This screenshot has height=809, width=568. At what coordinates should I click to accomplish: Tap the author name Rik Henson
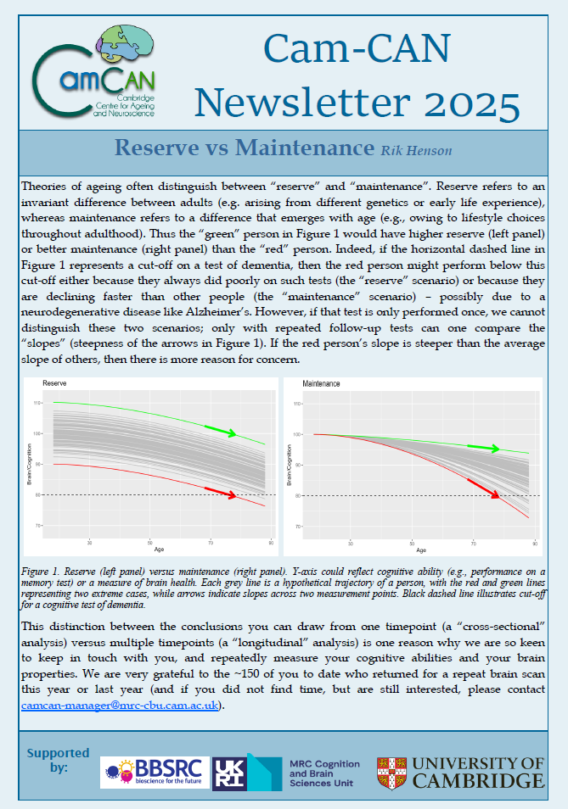tap(416, 151)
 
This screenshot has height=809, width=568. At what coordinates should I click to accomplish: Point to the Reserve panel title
tap(54, 384)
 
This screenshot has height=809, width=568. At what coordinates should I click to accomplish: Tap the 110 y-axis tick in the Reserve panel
tap(37, 403)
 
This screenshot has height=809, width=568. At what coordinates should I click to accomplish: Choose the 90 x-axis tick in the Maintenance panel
tap(532, 542)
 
